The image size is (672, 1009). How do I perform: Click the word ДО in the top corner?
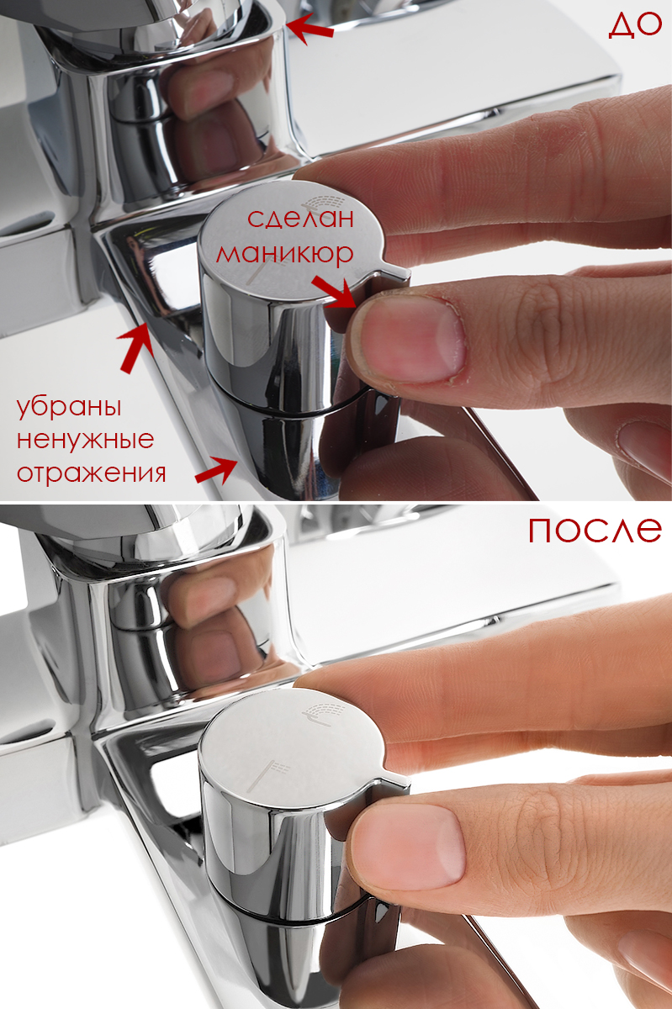click(x=635, y=25)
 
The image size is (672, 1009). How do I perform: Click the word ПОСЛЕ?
click(x=595, y=530)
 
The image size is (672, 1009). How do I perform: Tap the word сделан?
click(x=300, y=219)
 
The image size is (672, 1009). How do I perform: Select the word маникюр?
click(x=285, y=255)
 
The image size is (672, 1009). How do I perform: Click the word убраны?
click(x=69, y=408)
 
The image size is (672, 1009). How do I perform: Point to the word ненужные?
click(x=85, y=440)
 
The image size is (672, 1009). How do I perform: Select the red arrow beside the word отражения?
click(x=216, y=470)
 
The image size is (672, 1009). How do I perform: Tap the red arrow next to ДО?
click(x=310, y=28)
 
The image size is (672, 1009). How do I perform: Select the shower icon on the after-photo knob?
click(x=323, y=713)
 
